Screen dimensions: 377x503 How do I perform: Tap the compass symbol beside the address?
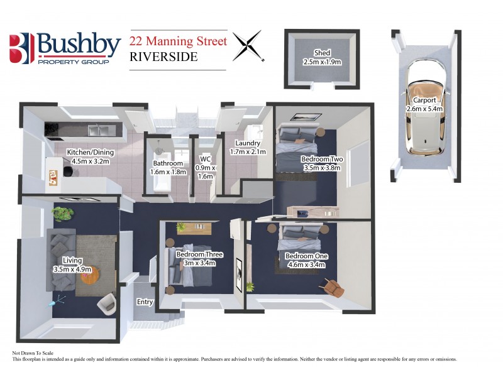pyautogui.click(x=247, y=46)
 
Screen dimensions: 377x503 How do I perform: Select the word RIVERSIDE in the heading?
pyautogui.click(x=163, y=57)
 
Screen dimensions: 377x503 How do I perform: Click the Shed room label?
pyautogui.click(x=322, y=58)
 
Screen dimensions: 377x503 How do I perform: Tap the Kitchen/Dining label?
pyautogui.click(x=89, y=156)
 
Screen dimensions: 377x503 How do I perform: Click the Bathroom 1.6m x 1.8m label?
pyautogui.click(x=168, y=168)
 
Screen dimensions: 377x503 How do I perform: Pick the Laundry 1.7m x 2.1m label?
pyautogui.click(x=248, y=147)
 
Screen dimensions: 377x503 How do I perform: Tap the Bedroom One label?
pyautogui.click(x=305, y=260)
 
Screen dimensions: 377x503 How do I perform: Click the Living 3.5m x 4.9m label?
pyautogui.click(x=73, y=265)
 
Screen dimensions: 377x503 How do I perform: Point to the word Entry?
pyautogui.click(x=145, y=302)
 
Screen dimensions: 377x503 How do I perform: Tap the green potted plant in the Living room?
pyautogui.click(x=63, y=214)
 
